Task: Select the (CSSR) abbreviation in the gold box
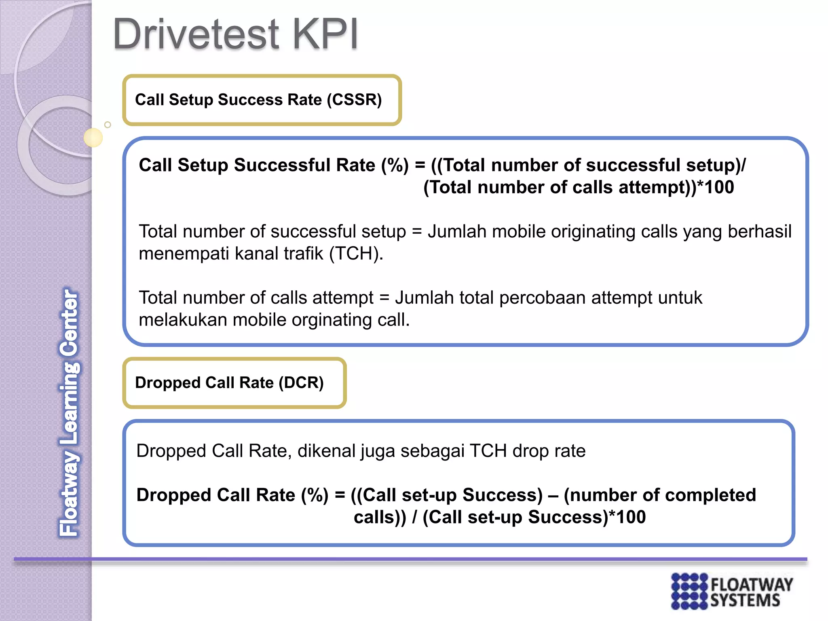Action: point(354,100)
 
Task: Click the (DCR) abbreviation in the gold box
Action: point(301,383)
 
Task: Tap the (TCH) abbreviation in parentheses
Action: point(356,254)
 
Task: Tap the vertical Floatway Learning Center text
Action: point(69,412)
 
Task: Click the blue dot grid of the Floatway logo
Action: point(689,591)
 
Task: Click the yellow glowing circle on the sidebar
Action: point(93,137)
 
